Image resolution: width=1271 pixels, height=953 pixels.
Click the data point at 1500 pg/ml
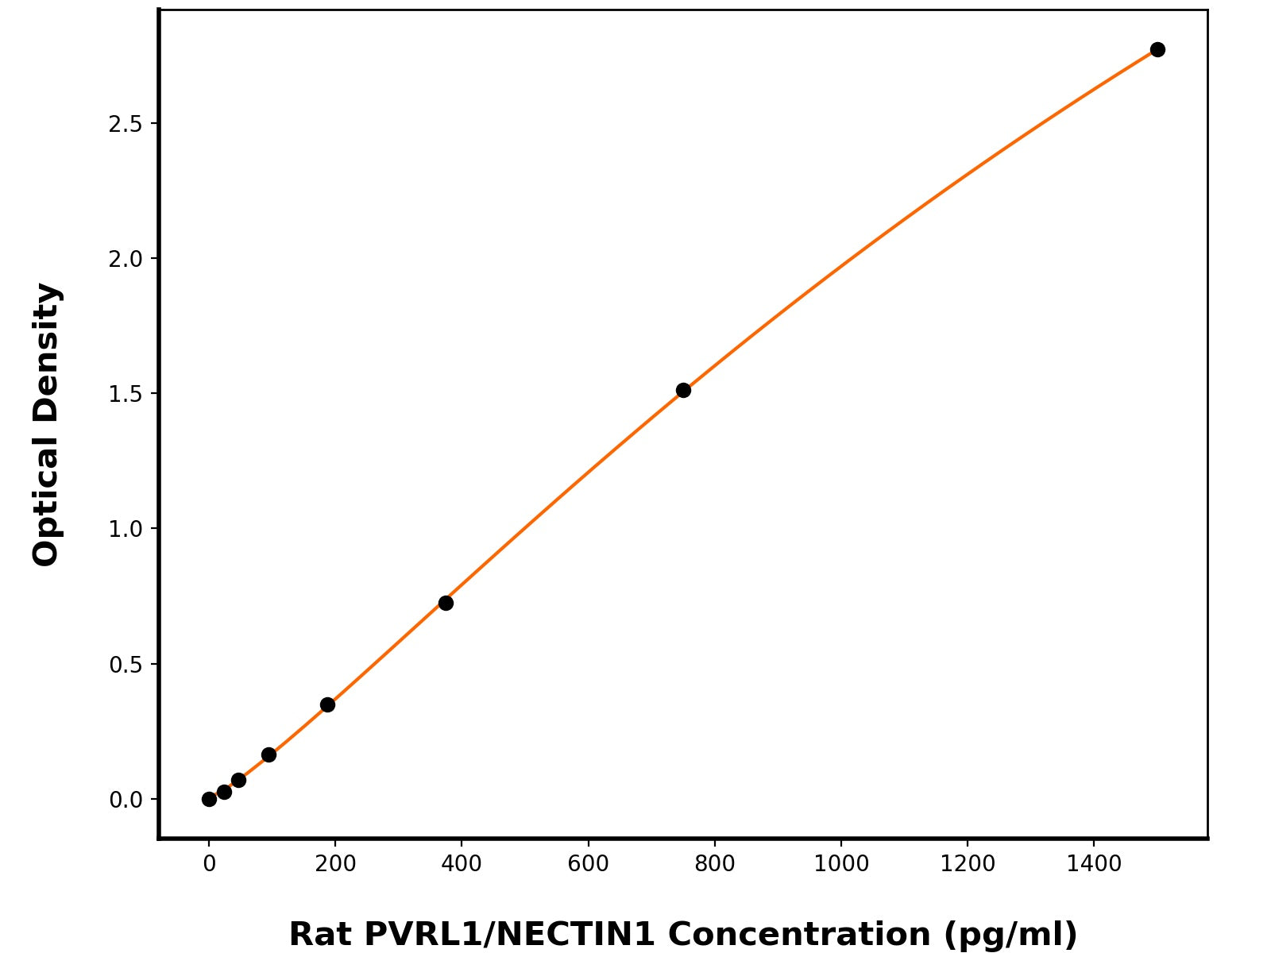(1157, 49)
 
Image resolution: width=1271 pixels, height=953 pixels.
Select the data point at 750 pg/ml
(683, 390)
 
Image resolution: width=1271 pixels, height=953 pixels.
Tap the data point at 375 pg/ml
(446, 603)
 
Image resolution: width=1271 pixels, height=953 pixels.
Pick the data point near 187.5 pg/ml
(327, 704)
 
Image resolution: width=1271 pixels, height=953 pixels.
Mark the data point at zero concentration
(209, 799)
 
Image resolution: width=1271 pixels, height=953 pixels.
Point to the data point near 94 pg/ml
(268, 754)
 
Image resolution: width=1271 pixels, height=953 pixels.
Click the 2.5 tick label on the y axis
(126, 124)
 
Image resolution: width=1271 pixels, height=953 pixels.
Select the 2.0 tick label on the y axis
(126, 259)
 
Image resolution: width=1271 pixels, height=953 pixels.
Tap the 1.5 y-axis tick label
(126, 394)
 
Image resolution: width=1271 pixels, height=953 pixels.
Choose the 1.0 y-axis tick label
(126, 529)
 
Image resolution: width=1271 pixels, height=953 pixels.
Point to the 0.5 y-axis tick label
(126, 664)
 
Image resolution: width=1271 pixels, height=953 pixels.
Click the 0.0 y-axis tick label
(126, 799)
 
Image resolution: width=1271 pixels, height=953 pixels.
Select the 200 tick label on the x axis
(335, 864)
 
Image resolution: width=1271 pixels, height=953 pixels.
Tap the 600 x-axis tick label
(588, 864)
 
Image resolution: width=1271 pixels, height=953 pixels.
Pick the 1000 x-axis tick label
(841, 864)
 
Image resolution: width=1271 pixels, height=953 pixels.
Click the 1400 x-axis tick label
(1094, 864)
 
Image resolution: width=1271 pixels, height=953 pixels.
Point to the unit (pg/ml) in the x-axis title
(1010, 935)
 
